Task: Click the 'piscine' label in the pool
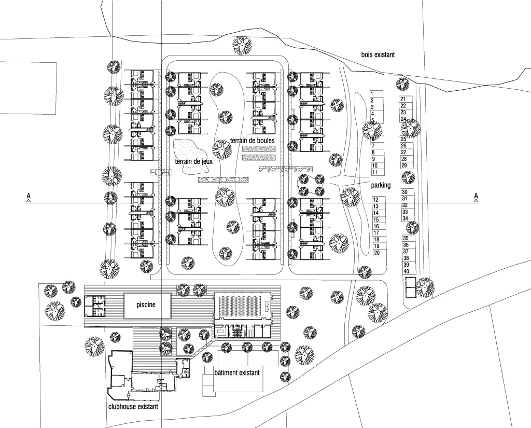pyautogui.click(x=146, y=305)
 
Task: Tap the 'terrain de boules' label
pyautogui.click(x=253, y=140)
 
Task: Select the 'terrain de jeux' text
pyautogui.click(x=194, y=161)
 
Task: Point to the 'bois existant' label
pyautogui.click(x=378, y=54)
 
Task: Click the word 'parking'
pyautogui.click(x=381, y=185)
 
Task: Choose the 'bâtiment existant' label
pyautogui.click(x=237, y=373)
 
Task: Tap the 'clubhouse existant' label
pyautogui.click(x=133, y=406)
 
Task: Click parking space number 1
pyautogui.click(x=376, y=94)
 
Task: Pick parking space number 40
pyautogui.click(x=409, y=271)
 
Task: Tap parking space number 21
pyautogui.click(x=406, y=99)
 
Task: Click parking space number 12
pyautogui.click(x=379, y=200)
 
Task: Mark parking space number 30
pyautogui.click(x=408, y=192)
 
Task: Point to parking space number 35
pyautogui.click(x=409, y=239)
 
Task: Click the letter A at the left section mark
pyautogui.click(x=29, y=196)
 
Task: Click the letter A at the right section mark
pyautogui.click(x=476, y=196)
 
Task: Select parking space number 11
pyautogui.click(x=378, y=172)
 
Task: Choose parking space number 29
pyautogui.click(x=407, y=165)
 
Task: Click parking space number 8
pyautogui.click(x=378, y=153)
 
